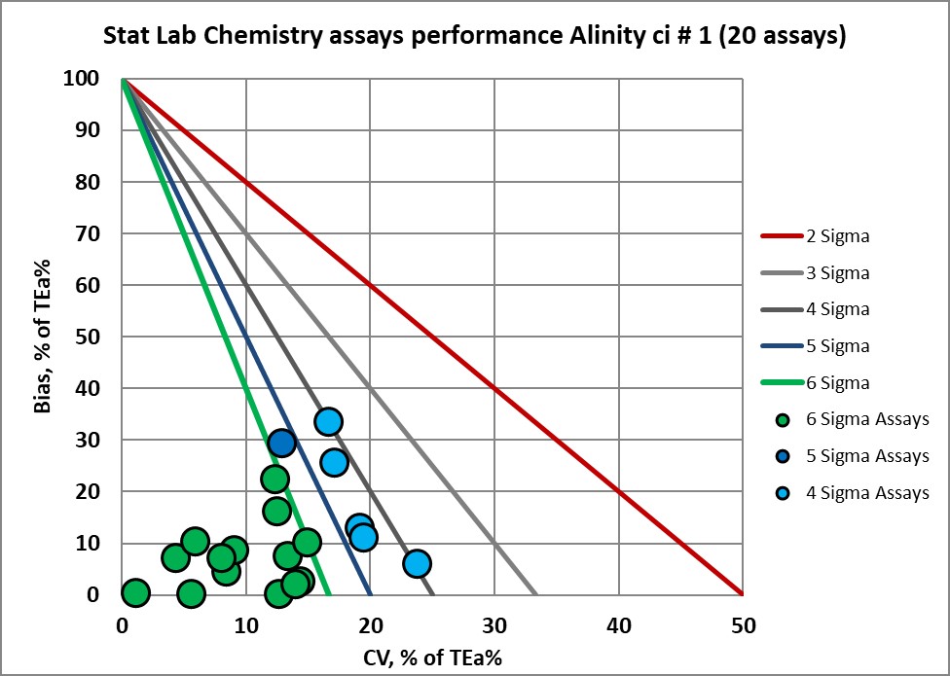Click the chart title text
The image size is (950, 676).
pos(475,38)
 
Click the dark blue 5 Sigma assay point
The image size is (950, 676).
pos(282,444)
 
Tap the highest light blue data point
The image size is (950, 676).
pos(328,421)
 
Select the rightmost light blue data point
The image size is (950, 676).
pos(418,564)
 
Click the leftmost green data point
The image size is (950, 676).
pos(135,592)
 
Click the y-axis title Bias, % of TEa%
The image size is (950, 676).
pos(44,337)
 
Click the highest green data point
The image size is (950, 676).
pos(275,479)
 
